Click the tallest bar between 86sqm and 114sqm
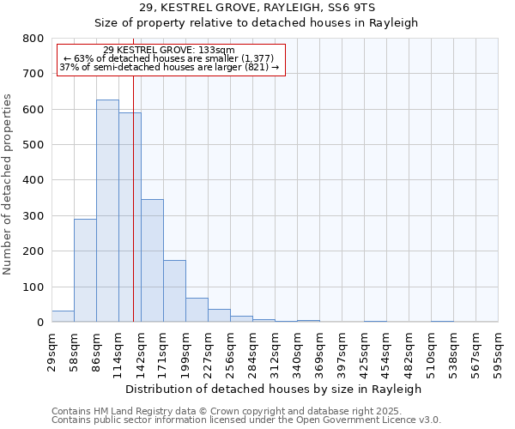[x=107, y=211]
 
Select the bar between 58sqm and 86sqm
[x=85, y=270]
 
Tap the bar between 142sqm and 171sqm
[x=152, y=261]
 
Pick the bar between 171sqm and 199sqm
[x=174, y=291]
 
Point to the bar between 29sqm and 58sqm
[x=63, y=317]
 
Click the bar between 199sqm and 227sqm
[x=197, y=310]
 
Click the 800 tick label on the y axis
[x=33, y=39]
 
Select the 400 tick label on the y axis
[x=33, y=181]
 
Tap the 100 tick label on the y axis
[x=33, y=287]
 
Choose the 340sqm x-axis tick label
[x=298, y=350]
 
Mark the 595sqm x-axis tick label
[x=499, y=350]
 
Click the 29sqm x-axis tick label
[x=52, y=350]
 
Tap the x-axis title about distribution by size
[x=273, y=389]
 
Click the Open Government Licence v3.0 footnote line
[x=246, y=420]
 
